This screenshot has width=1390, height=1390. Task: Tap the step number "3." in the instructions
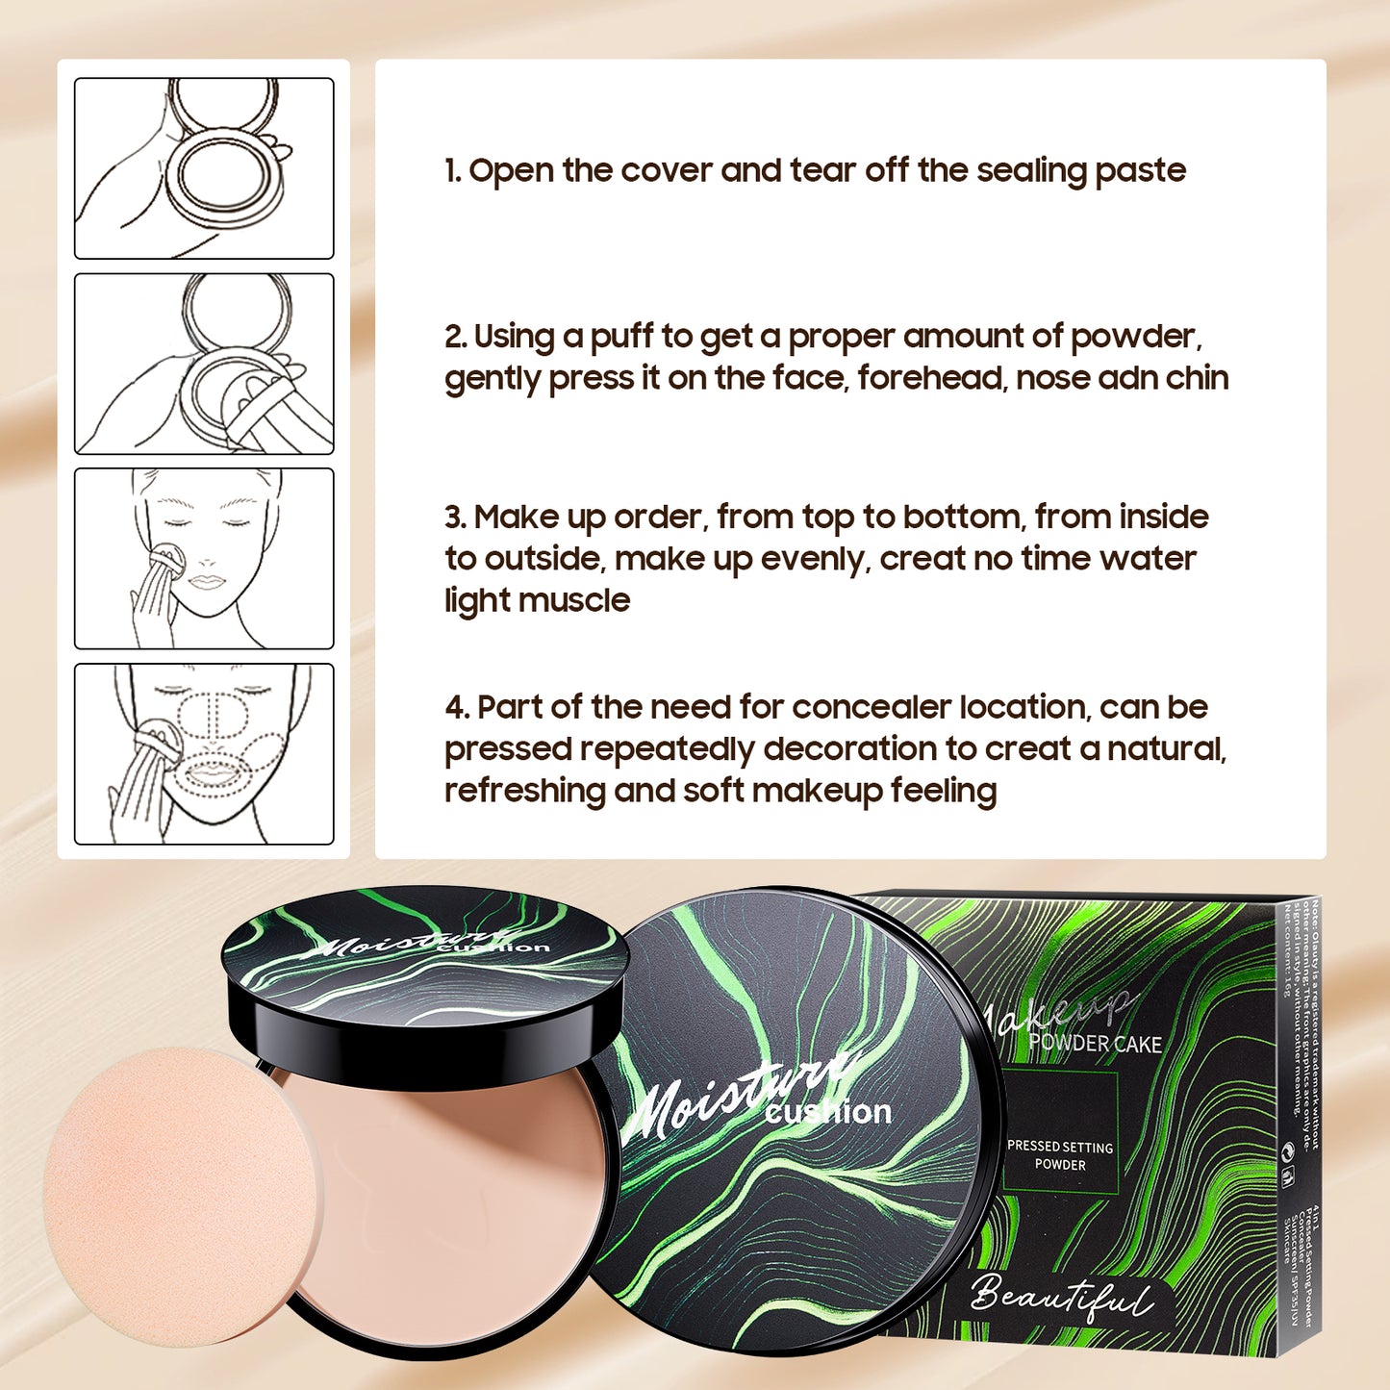(456, 518)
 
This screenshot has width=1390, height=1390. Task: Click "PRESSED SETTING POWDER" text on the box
(1060, 1155)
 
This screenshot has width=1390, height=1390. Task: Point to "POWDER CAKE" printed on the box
(1095, 1045)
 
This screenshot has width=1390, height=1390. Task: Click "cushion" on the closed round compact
(828, 1113)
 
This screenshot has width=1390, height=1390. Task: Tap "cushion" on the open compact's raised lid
(493, 947)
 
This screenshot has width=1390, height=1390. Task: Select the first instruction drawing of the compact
(204, 168)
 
